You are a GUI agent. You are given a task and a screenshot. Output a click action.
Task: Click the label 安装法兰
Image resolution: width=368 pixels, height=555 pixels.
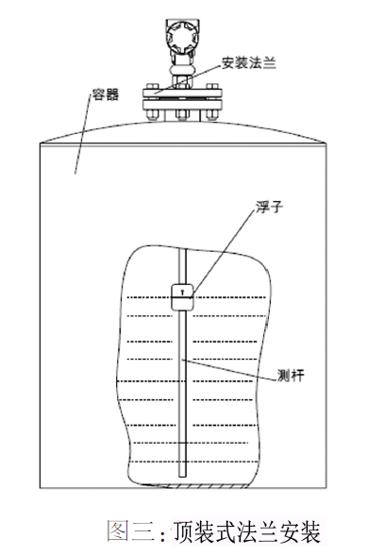[249, 62]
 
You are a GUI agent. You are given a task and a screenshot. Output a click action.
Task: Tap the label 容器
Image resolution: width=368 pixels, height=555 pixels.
[106, 94]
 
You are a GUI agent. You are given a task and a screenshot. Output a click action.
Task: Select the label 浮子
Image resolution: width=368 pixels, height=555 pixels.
[269, 207]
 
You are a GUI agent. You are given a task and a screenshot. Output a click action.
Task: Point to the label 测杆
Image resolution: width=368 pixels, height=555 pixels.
[291, 376]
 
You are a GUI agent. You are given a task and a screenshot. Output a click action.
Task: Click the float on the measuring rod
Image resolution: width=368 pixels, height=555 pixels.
[182, 297]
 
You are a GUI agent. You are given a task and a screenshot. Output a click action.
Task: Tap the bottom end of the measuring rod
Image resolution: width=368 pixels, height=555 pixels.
[182, 477]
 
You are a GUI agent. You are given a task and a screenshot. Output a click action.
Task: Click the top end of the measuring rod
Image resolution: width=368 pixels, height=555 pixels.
[182, 249]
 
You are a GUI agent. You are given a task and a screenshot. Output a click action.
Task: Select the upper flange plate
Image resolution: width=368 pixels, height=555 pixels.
[182, 92]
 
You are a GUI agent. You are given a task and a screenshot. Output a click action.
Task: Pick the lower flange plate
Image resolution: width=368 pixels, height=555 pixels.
[182, 106]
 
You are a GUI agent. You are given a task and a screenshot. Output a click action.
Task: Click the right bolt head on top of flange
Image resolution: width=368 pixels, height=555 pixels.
[212, 86]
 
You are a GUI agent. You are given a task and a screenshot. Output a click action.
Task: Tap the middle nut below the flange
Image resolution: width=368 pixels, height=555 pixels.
[182, 115]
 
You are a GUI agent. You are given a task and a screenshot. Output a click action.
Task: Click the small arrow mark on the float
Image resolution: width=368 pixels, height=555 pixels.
[182, 292]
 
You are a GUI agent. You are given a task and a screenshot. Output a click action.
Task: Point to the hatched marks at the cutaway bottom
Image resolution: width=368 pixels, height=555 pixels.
[202, 486]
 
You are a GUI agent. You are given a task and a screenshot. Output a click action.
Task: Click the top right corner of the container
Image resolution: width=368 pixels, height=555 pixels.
[326, 143]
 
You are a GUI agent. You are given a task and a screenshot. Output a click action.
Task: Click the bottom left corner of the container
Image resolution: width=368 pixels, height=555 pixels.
[40, 488]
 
